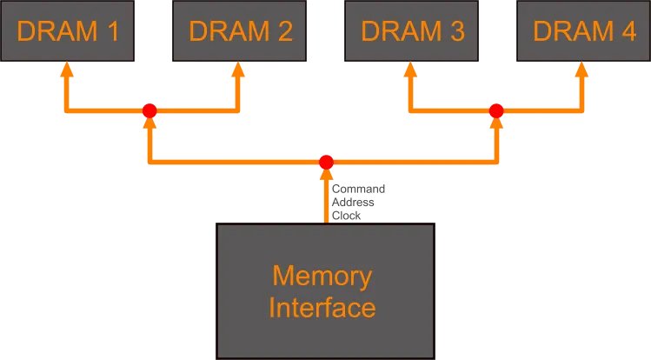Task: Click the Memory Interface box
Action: click(325, 291)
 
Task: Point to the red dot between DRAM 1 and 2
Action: click(149, 111)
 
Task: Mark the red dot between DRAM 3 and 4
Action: click(496, 111)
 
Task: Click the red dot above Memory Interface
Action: click(326, 163)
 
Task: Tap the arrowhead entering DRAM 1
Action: click(65, 70)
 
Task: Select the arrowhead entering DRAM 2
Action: click(236, 70)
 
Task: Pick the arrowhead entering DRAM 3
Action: click(408, 70)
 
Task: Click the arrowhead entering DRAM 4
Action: click(581, 70)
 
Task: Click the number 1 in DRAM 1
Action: click(112, 31)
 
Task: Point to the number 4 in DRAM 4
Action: click(628, 31)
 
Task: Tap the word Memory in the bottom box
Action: click(322, 277)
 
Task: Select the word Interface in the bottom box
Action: click(322, 308)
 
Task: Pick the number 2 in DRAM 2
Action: click(284, 31)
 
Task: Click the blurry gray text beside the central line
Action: click(358, 200)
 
